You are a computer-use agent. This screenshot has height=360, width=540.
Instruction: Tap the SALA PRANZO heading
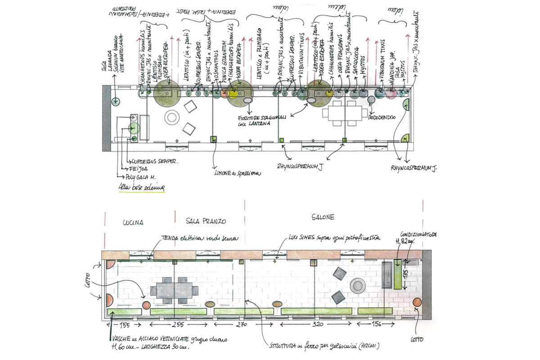206,221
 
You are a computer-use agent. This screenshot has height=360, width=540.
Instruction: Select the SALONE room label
323,217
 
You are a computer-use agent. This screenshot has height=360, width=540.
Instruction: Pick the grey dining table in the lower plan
174,289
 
